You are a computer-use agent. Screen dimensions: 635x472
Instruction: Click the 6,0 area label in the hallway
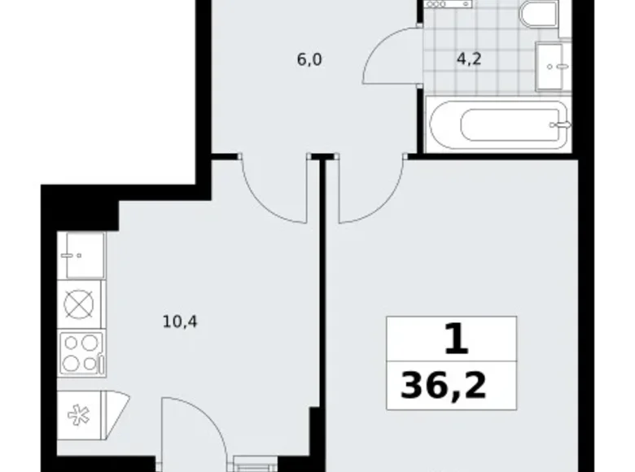[x=309, y=60]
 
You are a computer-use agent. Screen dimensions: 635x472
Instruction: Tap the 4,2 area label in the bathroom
[x=469, y=59]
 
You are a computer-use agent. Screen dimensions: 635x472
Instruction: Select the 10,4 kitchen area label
[x=180, y=322]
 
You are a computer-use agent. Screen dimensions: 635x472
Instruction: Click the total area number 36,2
[x=443, y=387]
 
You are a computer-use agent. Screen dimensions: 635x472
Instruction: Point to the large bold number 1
[x=456, y=339]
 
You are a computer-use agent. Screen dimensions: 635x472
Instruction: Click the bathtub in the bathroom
[x=498, y=125]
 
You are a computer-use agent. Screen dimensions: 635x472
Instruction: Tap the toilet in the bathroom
[x=539, y=13]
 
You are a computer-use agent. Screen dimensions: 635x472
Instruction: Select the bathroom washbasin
[x=553, y=66]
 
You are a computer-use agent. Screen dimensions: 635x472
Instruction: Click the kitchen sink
[x=81, y=255]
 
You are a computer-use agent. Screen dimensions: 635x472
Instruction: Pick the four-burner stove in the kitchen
[x=81, y=354]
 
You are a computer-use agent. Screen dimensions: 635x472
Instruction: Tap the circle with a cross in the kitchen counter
[x=79, y=304]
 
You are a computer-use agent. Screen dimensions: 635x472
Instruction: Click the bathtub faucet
[x=560, y=125]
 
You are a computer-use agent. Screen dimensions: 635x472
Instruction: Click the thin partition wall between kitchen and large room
[x=322, y=312]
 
